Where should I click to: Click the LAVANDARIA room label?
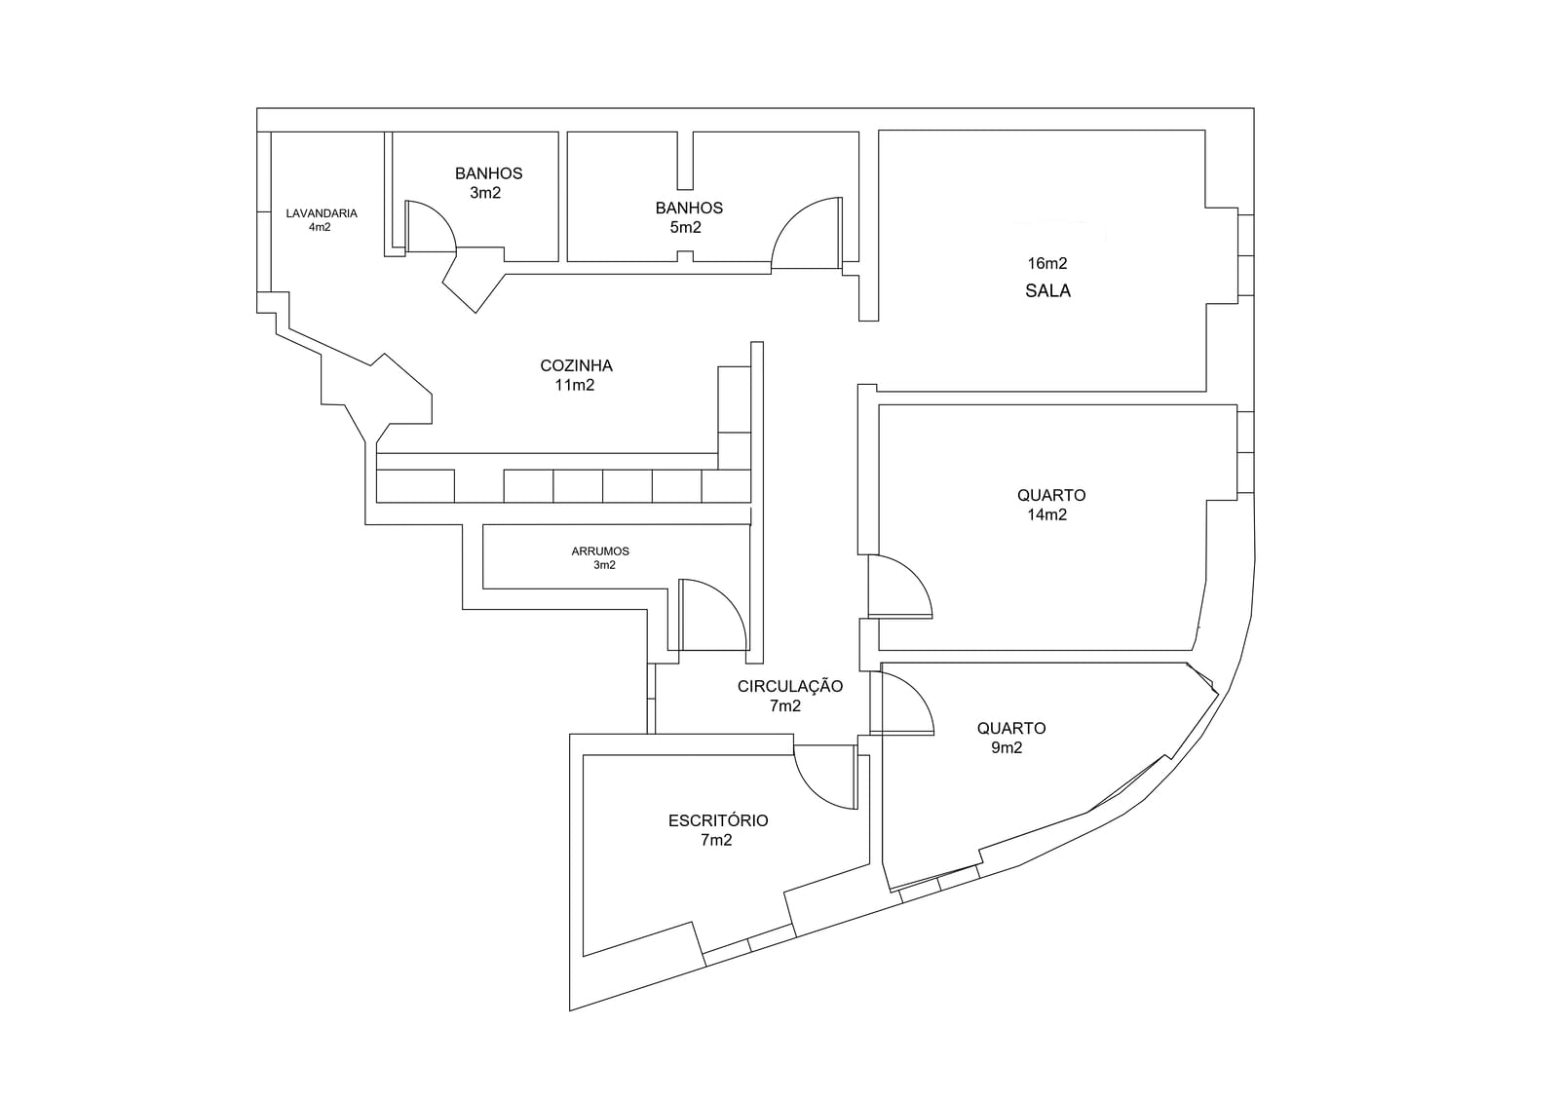pyautogui.click(x=322, y=213)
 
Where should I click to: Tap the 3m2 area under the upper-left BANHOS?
pyautogui.click(x=485, y=193)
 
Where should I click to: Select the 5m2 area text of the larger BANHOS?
pyautogui.click(x=686, y=227)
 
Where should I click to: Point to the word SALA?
pyautogui.click(x=1047, y=290)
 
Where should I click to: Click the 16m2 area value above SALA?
pyautogui.click(x=1047, y=263)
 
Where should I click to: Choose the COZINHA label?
pyautogui.click(x=576, y=365)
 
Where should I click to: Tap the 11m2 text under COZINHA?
pyautogui.click(x=575, y=385)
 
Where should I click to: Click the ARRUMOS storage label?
pyautogui.click(x=600, y=551)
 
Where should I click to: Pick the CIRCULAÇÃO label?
pyautogui.click(x=790, y=686)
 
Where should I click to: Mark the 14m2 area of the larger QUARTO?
pyautogui.click(x=1047, y=514)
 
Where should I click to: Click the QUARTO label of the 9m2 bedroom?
pyautogui.click(x=1011, y=728)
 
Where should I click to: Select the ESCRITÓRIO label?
pyautogui.click(x=718, y=820)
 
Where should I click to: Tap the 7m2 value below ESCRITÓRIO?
pyautogui.click(x=716, y=840)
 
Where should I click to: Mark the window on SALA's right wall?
pyautogui.click(x=1246, y=254)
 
